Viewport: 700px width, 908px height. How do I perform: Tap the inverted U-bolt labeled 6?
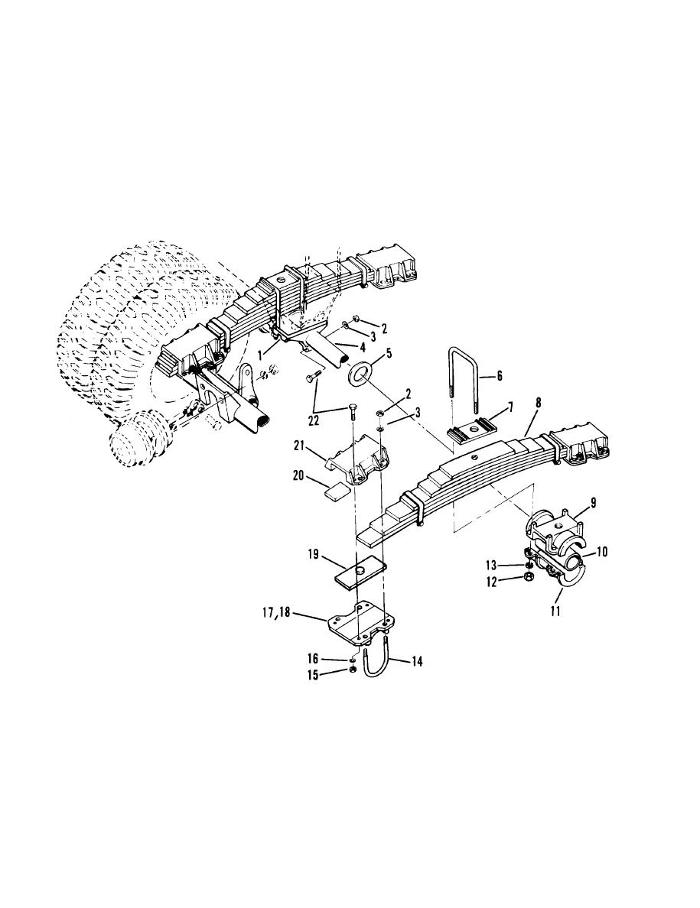click(462, 371)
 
